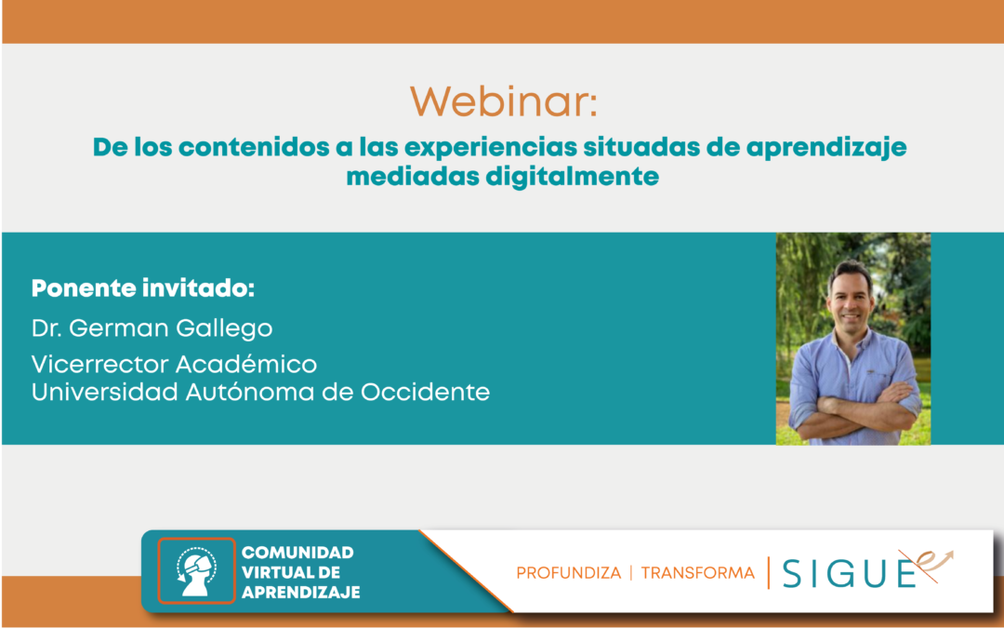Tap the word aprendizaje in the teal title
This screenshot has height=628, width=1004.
coord(826,148)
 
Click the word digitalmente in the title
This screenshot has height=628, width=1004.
coord(572,176)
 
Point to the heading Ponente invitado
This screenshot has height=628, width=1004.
coord(143,288)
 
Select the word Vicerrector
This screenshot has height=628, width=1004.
coord(99,364)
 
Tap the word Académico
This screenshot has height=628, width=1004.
coord(245,364)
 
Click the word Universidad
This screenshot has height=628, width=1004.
coord(105,392)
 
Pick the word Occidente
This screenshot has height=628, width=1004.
coord(425,392)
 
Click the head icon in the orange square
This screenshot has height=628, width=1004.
coord(196,571)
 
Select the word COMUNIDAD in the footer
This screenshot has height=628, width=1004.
coord(297,553)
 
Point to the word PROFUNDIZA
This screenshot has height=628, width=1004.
coord(569,572)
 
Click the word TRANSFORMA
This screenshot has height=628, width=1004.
coord(698,572)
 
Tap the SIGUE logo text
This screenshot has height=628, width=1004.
coord(849,572)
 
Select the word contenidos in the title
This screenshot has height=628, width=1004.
coord(254,147)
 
